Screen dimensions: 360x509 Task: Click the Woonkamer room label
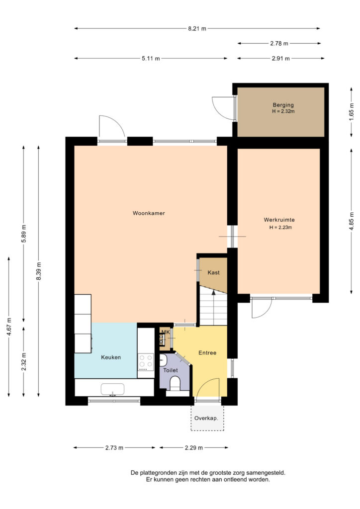[x=149, y=213]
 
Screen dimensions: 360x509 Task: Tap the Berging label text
[x=283, y=105]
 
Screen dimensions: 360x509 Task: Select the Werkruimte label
[x=279, y=220]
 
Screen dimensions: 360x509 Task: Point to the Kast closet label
[x=214, y=272]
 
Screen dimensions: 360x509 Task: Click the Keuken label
[x=111, y=357]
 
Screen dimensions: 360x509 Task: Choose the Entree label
[x=207, y=353]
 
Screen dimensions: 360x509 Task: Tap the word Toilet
[x=171, y=370]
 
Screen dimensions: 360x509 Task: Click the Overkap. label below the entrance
[x=206, y=418]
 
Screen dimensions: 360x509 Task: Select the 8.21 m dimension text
[x=197, y=28]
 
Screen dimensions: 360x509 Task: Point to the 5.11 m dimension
[x=151, y=59]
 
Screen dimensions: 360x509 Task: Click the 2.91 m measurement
[x=281, y=59]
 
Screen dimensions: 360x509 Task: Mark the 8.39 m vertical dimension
[x=39, y=271]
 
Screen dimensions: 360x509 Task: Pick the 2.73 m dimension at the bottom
[x=114, y=448]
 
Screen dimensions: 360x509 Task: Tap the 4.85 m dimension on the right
[x=352, y=221]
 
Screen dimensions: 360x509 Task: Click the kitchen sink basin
[x=112, y=389]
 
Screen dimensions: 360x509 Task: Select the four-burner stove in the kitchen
[x=146, y=362]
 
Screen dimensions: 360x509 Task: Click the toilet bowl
[x=175, y=383]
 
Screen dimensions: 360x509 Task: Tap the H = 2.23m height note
[x=280, y=227]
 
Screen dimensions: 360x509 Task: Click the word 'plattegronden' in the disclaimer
[x=159, y=473]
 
